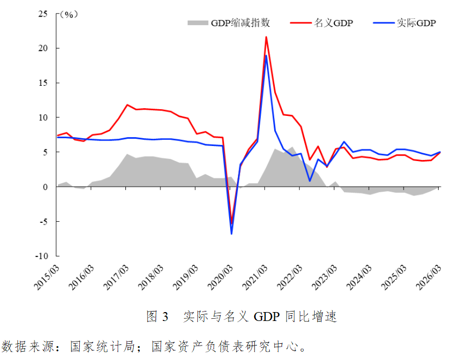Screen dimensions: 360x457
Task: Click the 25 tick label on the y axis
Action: click(43, 14)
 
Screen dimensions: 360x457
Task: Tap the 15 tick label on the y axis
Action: click(43, 83)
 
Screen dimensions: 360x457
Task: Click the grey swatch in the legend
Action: click(197, 23)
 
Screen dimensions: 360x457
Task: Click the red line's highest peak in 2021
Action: click(266, 37)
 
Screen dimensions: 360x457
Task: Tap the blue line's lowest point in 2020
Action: click(231, 233)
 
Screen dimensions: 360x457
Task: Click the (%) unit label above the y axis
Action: click(67, 14)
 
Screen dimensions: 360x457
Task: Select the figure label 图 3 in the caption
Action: click(157, 317)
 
